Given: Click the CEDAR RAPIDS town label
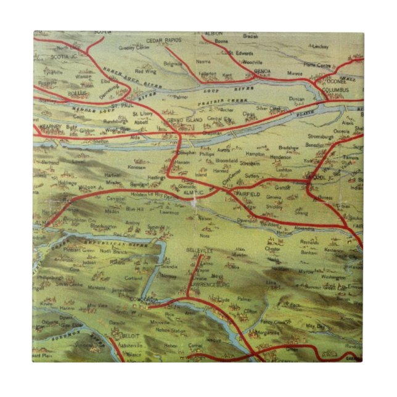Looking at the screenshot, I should coord(164,41).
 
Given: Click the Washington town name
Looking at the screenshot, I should coord(334,278).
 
